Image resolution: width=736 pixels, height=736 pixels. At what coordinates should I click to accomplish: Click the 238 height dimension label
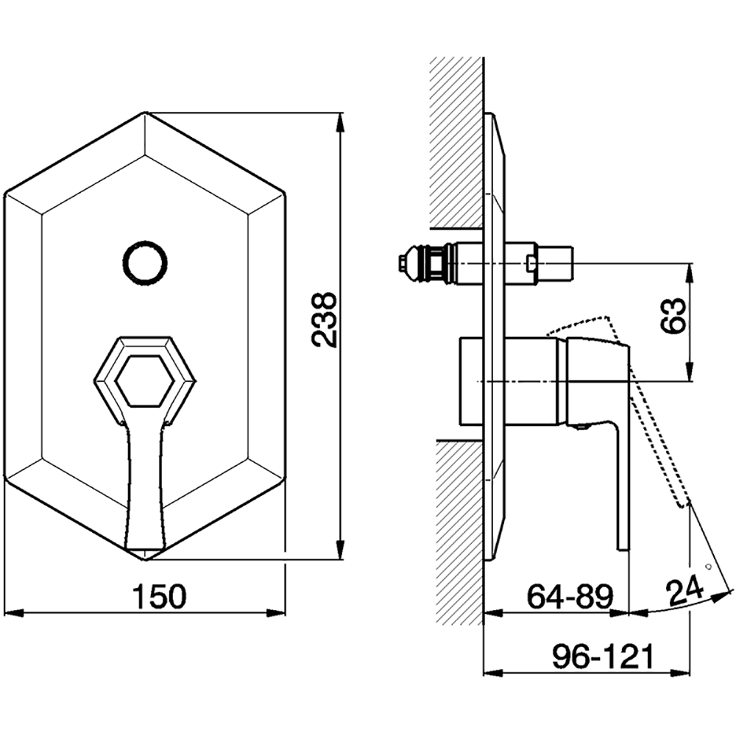[x=325, y=320]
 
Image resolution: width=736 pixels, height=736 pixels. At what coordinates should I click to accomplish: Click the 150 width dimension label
[x=160, y=597]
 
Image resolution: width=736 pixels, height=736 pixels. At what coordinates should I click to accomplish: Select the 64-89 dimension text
[x=570, y=597]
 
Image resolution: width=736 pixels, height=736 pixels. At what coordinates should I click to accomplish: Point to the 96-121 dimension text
[x=603, y=657]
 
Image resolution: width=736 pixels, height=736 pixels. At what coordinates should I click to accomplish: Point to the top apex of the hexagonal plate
[x=145, y=112]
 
